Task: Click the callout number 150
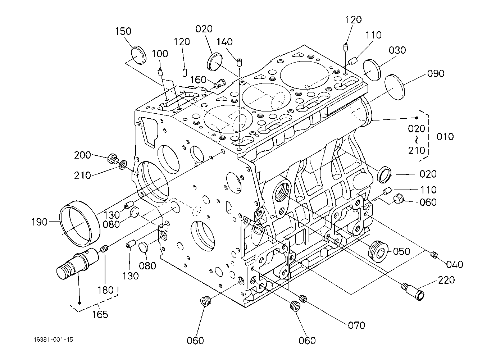[x=123, y=31]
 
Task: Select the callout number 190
[x=40, y=222]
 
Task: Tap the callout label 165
[x=100, y=314]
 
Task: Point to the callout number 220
[x=446, y=280]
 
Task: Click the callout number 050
[x=402, y=251]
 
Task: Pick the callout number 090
[x=436, y=73]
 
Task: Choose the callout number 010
[x=445, y=137]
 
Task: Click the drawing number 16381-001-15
[x=53, y=340]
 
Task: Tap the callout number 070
[x=356, y=325]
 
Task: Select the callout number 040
[x=455, y=264]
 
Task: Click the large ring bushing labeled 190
[x=80, y=224]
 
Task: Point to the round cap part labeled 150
[x=139, y=55]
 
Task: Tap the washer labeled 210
[x=123, y=165]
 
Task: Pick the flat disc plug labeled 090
[x=395, y=87]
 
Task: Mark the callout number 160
[x=199, y=80]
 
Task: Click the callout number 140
[x=224, y=42]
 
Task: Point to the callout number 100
[x=160, y=54]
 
